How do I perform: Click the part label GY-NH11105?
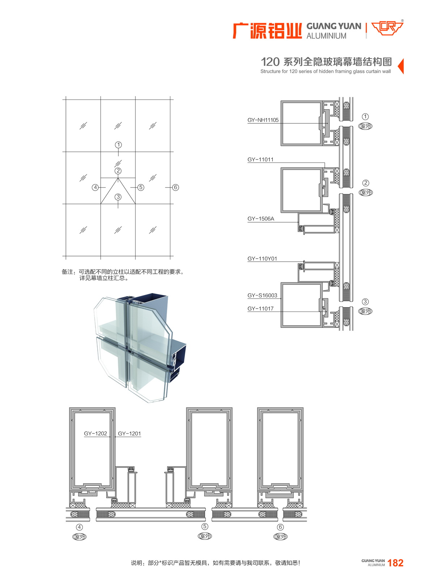coord(263,120)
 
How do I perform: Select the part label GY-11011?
coord(260,160)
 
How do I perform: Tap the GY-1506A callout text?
coord(260,219)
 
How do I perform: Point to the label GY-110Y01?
coord(262,259)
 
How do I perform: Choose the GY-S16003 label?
coord(262,296)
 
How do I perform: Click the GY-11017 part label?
coord(260,309)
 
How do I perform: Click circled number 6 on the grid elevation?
coord(176,187)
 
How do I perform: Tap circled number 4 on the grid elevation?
coord(95,187)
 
